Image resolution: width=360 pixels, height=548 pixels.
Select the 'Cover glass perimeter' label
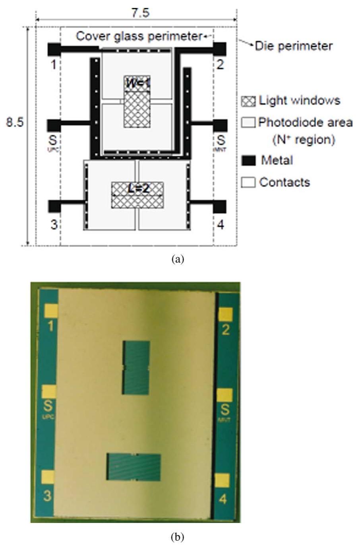point(139,36)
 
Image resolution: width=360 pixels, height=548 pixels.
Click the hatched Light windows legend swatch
point(248,101)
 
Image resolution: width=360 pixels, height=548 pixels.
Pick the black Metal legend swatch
point(248,161)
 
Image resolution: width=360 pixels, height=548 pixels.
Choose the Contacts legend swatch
point(248,183)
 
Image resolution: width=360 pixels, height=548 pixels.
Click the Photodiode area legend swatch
point(248,122)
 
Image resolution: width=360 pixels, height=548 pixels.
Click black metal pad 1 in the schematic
point(53,49)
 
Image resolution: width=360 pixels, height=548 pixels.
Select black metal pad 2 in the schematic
point(220,49)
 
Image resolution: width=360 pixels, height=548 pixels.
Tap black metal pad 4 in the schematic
point(220,206)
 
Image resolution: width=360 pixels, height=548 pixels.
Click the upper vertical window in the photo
point(136,368)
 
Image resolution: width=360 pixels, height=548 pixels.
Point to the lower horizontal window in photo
point(134,467)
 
